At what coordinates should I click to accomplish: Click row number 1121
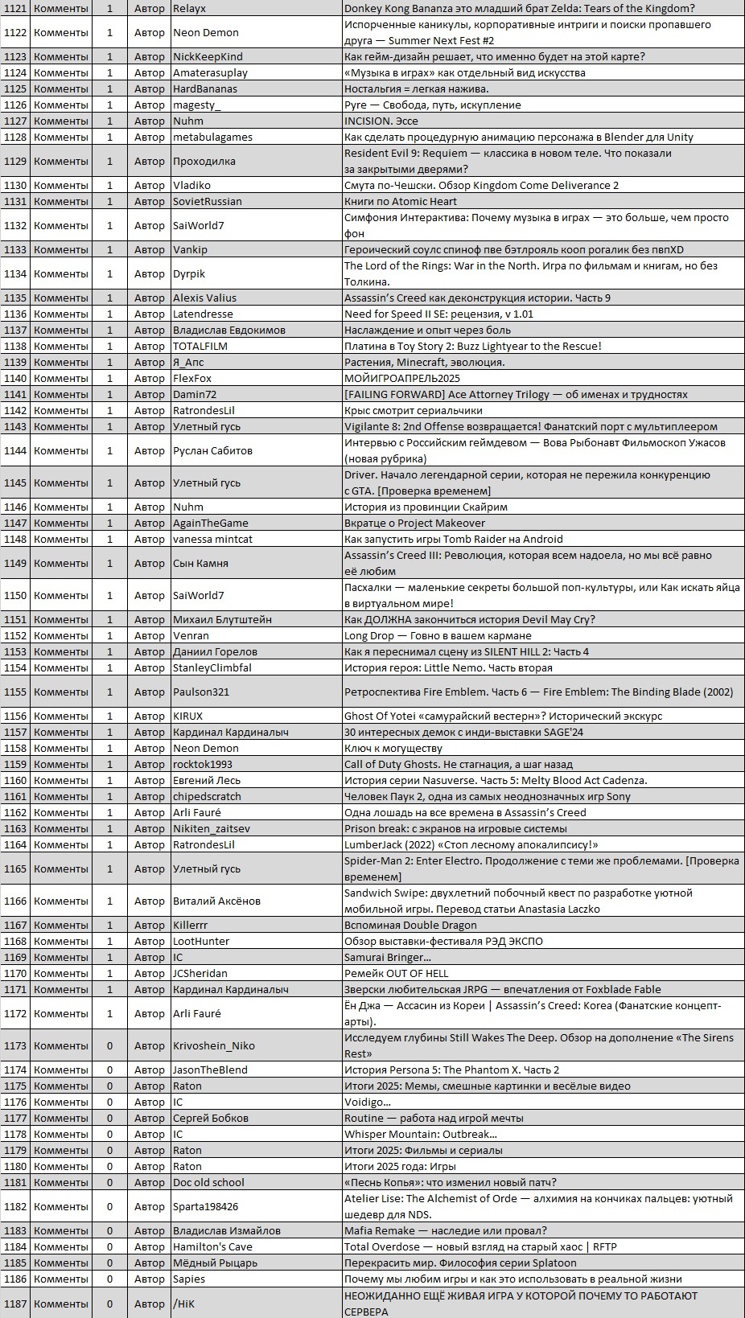(15, 8)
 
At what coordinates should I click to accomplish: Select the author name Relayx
(190, 8)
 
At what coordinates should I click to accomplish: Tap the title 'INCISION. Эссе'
(381, 121)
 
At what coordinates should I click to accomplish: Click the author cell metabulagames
(212, 137)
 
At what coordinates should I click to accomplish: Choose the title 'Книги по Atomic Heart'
(400, 201)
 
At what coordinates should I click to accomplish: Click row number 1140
(15, 378)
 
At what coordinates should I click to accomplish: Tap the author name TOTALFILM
(200, 346)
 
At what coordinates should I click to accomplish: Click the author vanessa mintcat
(212, 539)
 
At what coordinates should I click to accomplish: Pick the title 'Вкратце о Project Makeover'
(414, 523)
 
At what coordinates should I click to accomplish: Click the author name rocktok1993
(202, 764)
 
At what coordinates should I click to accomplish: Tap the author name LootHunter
(201, 941)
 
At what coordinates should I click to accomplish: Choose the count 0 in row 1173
(110, 1045)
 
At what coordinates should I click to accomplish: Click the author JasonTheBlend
(210, 1070)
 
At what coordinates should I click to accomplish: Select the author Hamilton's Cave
(212, 1246)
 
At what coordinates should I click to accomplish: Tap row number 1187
(15, 1304)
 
